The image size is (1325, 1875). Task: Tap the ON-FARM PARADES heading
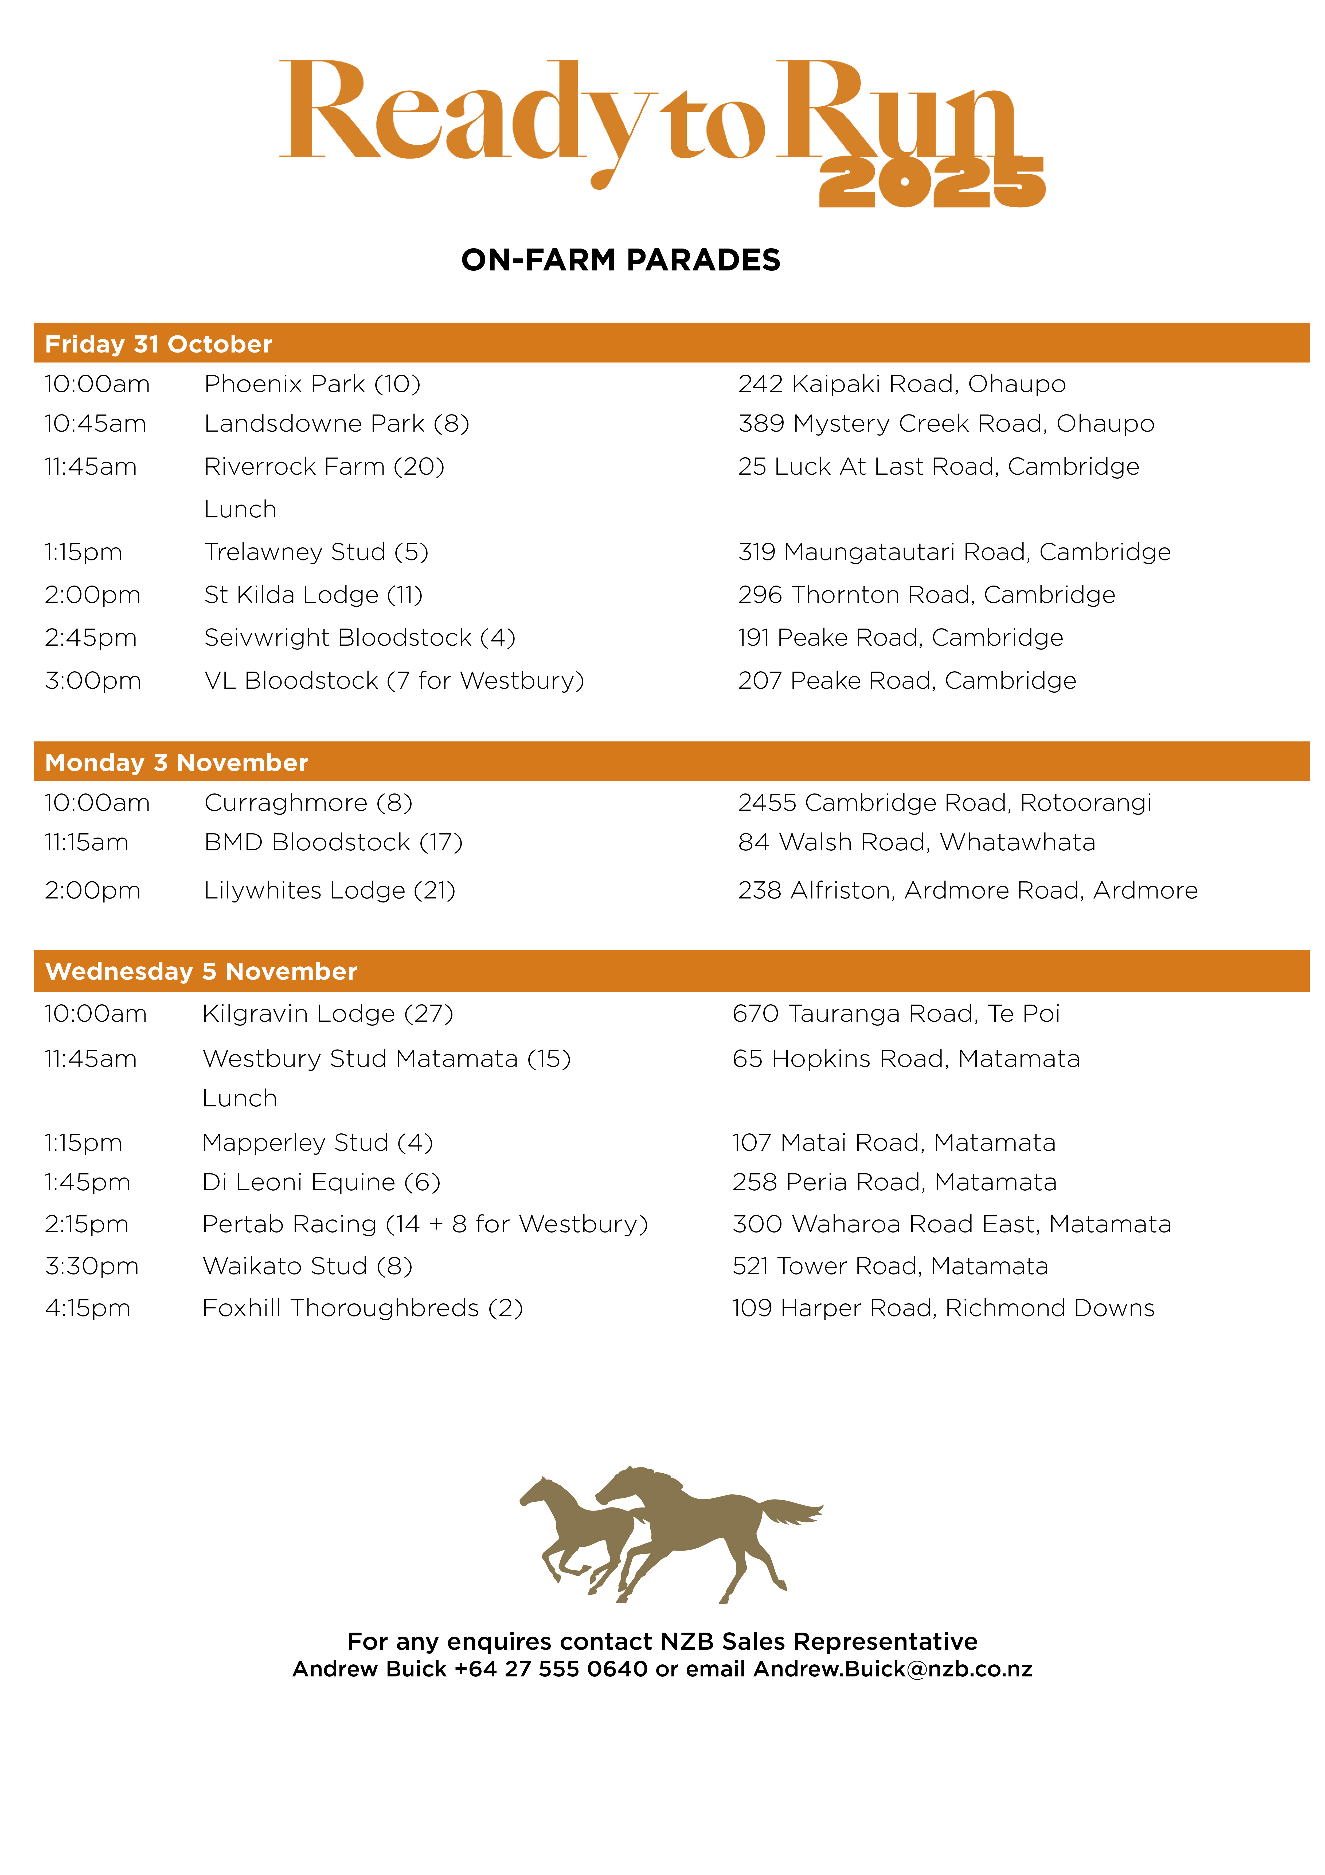(x=620, y=260)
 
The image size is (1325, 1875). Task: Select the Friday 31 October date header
(x=158, y=344)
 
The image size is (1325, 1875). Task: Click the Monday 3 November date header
(x=176, y=763)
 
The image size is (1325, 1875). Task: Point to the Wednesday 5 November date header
(x=201, y=971)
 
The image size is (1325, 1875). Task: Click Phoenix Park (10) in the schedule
(x=312, y=384)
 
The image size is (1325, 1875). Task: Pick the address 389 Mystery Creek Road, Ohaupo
(x=945, y=424)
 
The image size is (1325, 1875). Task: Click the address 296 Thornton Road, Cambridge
(x=926, y=595)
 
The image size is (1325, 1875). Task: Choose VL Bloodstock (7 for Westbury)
(x=393, y=680)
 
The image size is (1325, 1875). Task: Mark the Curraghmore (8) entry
(x=308, y=803)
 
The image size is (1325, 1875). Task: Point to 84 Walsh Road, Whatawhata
(x=916, y=842)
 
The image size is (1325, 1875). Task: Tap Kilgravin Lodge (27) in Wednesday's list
(x=327, y=1013)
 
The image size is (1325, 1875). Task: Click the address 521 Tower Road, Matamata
(x=890, y=1266)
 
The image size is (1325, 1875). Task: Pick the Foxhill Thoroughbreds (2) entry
(x=362, y=1308)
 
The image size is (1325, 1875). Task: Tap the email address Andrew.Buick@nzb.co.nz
(x=892, y=1669)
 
